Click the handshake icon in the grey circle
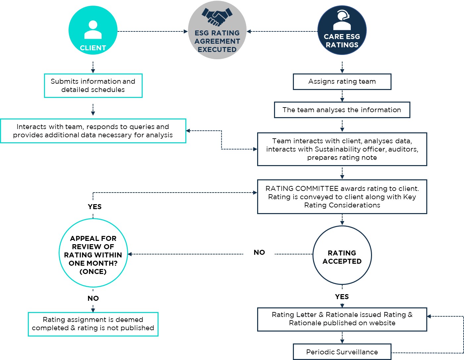point(217,17)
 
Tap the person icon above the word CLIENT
point(93,30)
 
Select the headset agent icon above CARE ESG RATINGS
point(342,20)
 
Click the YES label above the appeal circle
point(95,206)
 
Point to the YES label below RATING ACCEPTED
point(342,296)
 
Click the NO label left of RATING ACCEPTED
point(259,252)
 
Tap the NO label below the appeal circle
point(93,298)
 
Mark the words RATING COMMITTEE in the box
point(302,189)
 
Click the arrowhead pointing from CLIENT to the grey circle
point(186,31)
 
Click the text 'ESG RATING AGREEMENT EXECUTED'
point(217,41)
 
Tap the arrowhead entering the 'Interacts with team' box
point(188,131)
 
